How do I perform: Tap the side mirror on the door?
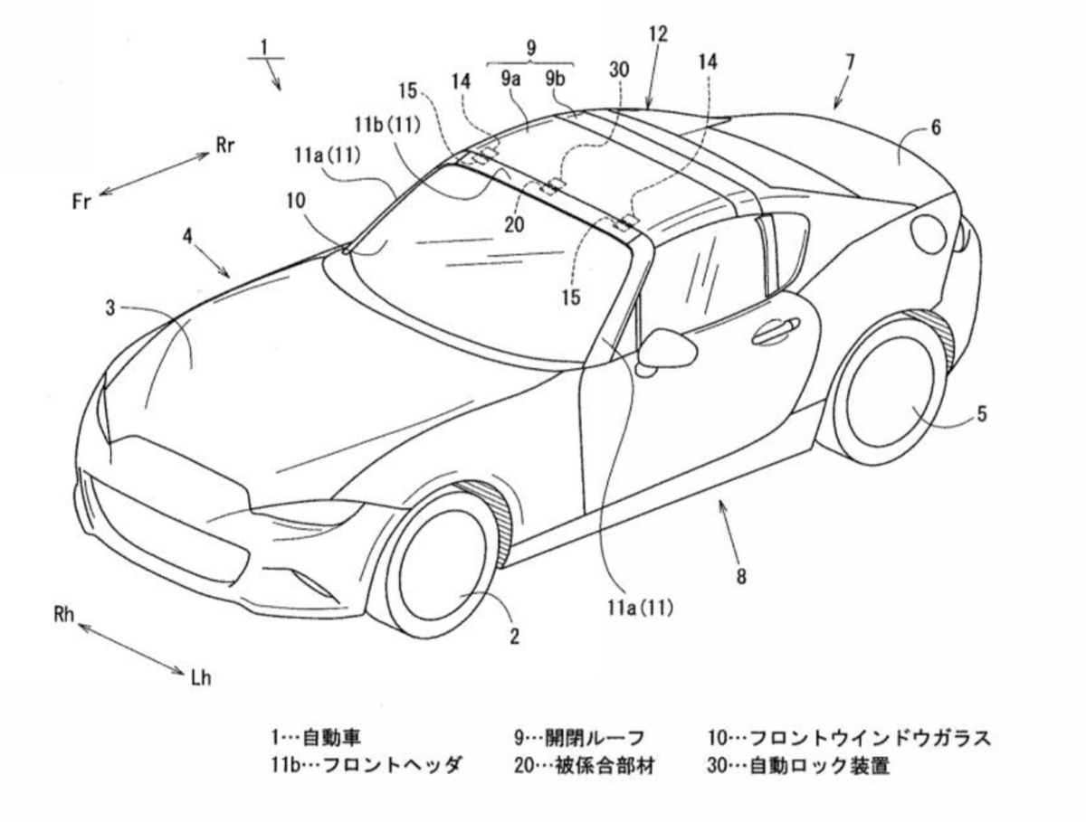(x=668, y=350)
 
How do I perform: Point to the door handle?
(x=776, y=331)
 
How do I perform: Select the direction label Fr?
(x=82, y=201)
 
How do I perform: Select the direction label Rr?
(x=225, y=146)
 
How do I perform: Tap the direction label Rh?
(x=64, y=614)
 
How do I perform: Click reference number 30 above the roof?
(x=619, y=71)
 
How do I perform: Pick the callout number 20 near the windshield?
(x=515, y=225)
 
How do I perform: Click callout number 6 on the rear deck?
(x=936, y=128)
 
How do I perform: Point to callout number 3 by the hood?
(x=110, y=308)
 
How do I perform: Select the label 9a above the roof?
(x=511, y=79)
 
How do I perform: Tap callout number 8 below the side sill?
(x=740, y=576)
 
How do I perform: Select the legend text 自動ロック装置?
(x=820, y=766)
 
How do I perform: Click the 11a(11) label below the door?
(x=641, y=608)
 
